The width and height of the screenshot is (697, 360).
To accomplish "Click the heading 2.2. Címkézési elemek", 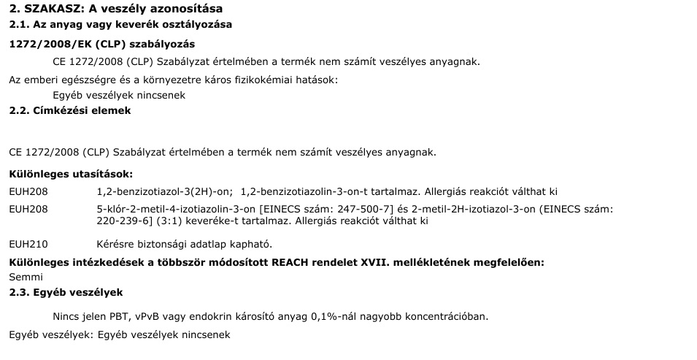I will click(x=70, y=111).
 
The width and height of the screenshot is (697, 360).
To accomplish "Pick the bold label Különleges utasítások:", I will click(x=71, y=175).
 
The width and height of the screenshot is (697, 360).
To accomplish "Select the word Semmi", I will click(x=26, y=277).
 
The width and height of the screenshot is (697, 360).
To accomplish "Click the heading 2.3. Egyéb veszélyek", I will click(x=66, y=292).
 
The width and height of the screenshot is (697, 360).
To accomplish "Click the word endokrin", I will click(x=220, y=316).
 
